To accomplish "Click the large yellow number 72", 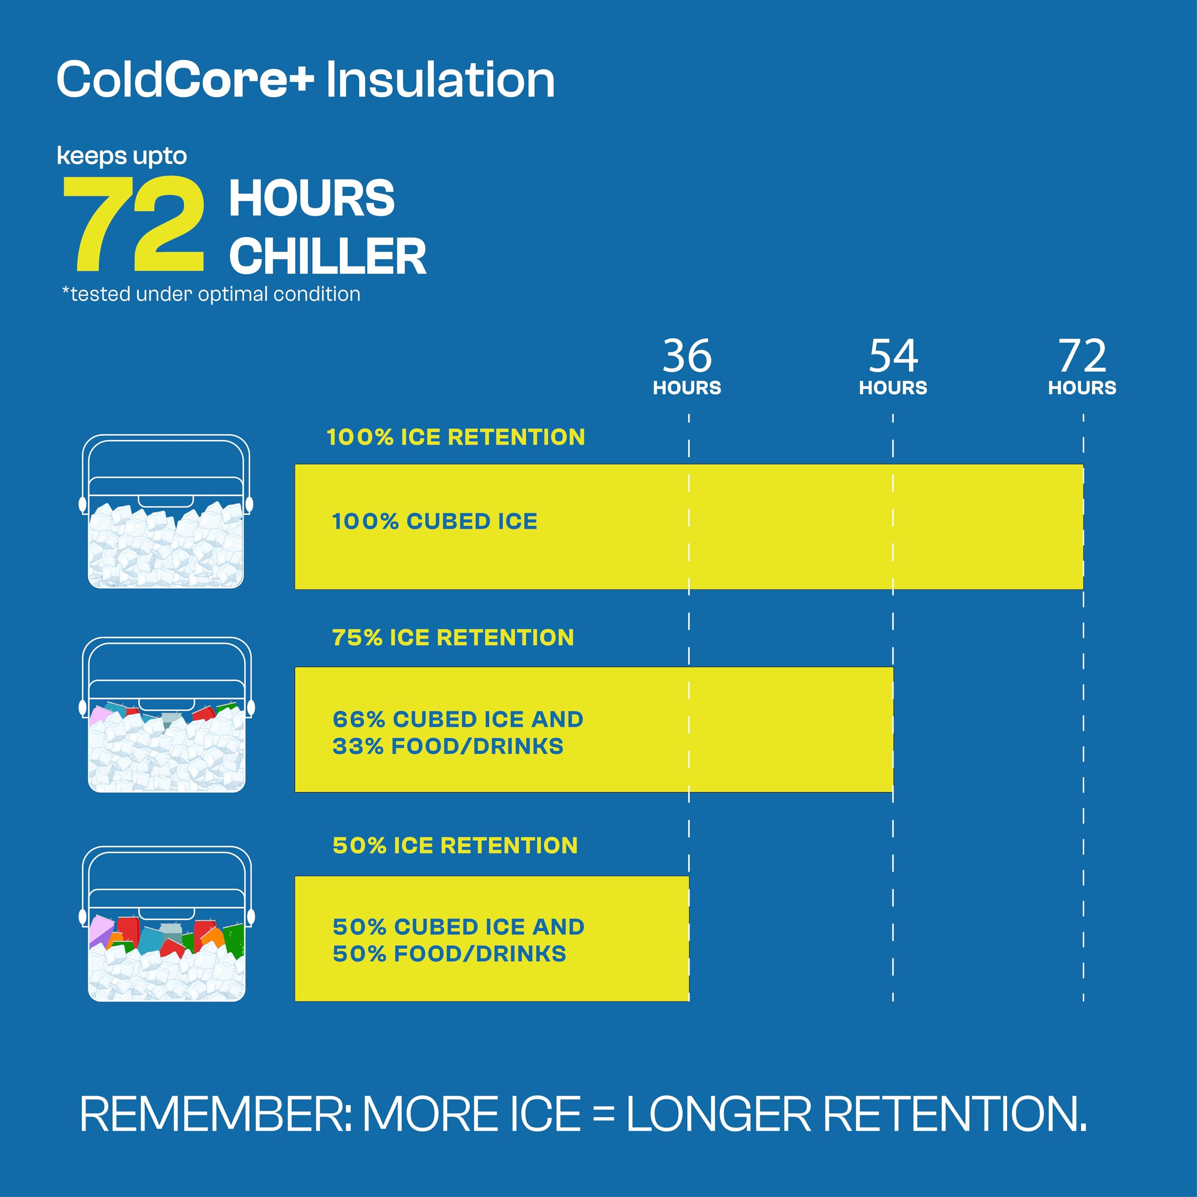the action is tap(134, 224).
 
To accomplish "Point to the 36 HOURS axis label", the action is tap(687, 366).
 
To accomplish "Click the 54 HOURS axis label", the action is tap(893, 366).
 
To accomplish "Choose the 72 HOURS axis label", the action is tap(1082, 366).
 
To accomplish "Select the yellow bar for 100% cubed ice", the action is tap(689, 526).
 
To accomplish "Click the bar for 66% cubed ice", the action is tap(594, 729).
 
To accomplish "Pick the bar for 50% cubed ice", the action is tap(492, 938).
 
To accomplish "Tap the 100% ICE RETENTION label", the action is tap(455, 437).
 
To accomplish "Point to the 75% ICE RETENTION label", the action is tap(453, 637).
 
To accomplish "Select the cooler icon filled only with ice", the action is tap(166, 511).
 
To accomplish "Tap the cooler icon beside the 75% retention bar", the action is tap(166, 715).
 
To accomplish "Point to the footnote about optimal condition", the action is tap(211, 294).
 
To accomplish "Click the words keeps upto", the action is tap(122, 156).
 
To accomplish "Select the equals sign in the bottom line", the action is tap(604, 1115).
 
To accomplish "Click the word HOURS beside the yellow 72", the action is tap(312, 198).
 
